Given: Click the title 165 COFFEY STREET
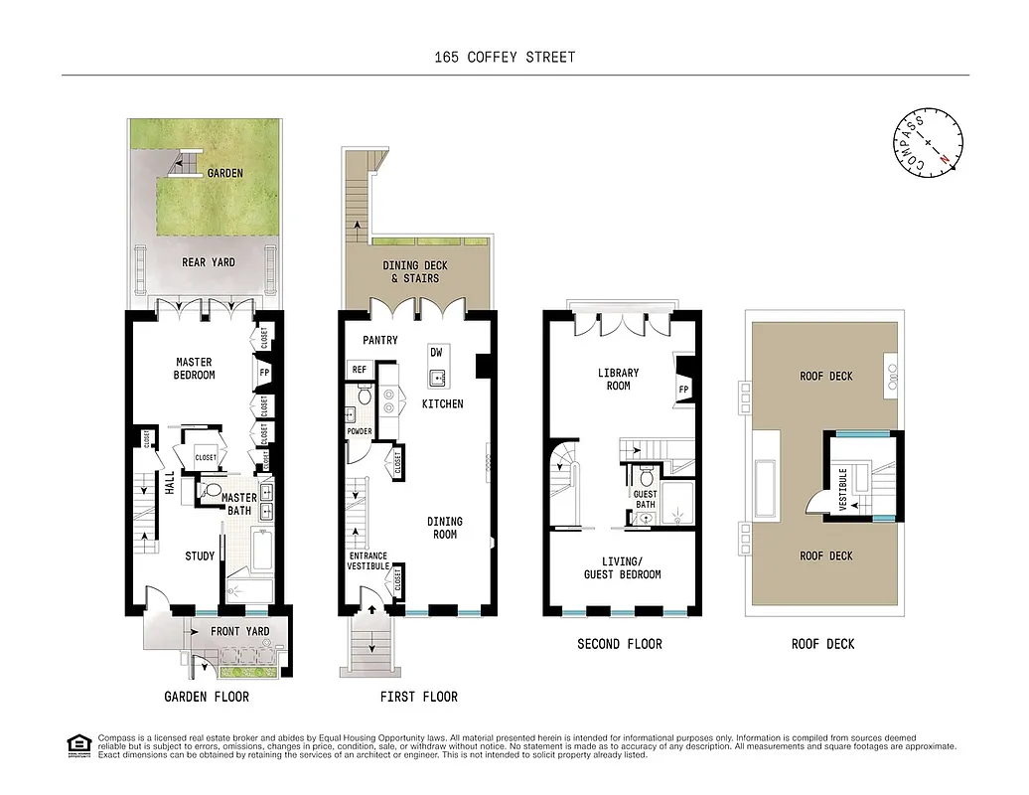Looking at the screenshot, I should coord(505,57).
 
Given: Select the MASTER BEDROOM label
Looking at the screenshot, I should coord(195,369).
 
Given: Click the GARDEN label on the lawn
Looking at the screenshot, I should coord(224,173).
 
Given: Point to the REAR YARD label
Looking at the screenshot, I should coord(208,262).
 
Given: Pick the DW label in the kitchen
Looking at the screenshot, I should coord(436,353).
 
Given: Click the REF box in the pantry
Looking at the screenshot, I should coord(359,370).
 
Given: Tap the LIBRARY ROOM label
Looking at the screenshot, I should coord(618,380).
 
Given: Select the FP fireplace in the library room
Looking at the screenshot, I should coord(682,390).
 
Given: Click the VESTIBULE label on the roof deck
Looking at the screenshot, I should coord(843,489).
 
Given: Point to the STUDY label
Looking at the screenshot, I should coord(200,556).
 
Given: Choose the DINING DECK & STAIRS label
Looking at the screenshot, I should coord(415,272).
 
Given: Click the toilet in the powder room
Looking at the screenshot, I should coord(364,397).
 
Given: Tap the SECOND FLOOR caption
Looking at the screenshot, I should coord(619,644).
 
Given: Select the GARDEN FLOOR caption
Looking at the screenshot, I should coord(206,697).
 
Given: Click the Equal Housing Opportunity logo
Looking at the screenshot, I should coord(77,744).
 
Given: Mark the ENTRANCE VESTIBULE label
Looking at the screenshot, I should coord(367,562).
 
